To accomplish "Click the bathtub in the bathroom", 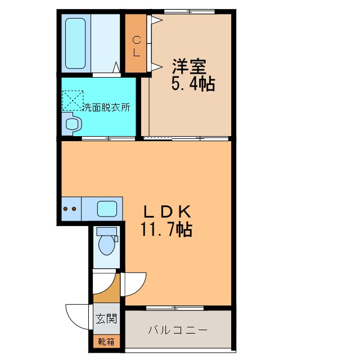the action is tap(75, 43).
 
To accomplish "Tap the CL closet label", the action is tap(137, 47).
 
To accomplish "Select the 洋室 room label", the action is tap(190, 66).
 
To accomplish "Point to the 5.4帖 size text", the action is tap(193, 84).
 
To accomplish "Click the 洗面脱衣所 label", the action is tap(106, 107).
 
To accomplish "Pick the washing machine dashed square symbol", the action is tap(73, 101).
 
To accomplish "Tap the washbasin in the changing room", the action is tap(73, 124).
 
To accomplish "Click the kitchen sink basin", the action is tap(107, 209).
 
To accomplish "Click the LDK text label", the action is tap(167, 212).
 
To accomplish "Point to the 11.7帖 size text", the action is tap(166, 229).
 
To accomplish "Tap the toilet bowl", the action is tap(107, 245).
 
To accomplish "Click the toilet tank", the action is tap(106, 231).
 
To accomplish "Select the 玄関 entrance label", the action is tap(106, 318).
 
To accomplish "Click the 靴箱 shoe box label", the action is tap(106, 342).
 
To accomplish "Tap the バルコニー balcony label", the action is tap(178, 330).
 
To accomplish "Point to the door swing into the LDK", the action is tap(140, 288).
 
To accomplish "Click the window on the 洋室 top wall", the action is tap(190, 11).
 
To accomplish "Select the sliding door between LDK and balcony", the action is tap(175, 308).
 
